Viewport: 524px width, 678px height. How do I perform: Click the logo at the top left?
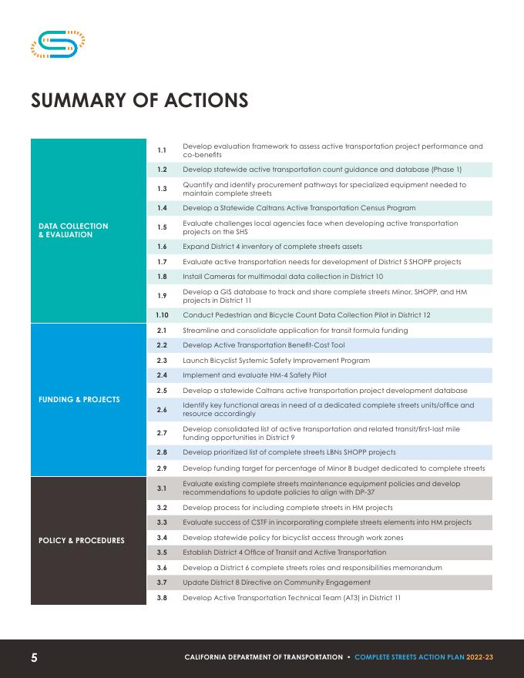57,44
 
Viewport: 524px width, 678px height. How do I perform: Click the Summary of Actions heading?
139,101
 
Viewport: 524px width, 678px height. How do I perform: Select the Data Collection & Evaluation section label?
73,230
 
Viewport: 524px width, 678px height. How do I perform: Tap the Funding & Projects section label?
79,400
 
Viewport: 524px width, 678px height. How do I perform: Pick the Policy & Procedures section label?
82,540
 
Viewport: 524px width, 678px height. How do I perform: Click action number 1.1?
162,150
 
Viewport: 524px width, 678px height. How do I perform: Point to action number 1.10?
162,315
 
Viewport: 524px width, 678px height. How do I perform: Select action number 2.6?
162,410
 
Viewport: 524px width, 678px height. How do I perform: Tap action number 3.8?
162,597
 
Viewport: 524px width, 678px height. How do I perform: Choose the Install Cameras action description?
283,276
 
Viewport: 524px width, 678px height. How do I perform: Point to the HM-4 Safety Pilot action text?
254,375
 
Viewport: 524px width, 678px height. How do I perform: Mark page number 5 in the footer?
34,657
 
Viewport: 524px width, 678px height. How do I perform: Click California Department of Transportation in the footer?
264,657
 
